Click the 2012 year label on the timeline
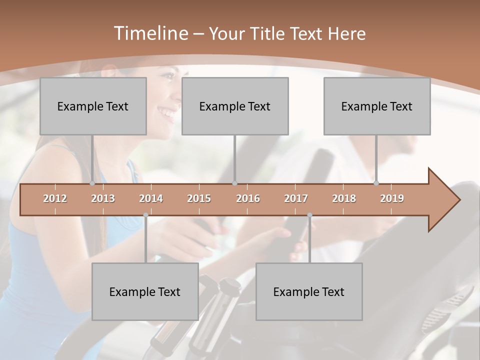point(55,198)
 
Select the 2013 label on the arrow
point(103,198)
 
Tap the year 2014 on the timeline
point(151,198)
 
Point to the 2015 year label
point(199,198)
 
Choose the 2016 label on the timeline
point(248,198)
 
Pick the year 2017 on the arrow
point(296,198)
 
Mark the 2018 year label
point(344,198)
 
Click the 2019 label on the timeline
point(392,198)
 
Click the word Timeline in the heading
point(150,33)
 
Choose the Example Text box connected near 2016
point(235,106)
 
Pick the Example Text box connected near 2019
point(377,106)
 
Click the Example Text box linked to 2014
point(145,291)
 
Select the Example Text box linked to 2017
point(309,291)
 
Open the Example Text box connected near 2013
point(93,106)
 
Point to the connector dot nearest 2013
point(92,183)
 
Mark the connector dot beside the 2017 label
point(309,215)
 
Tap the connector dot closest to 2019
point(376,183)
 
